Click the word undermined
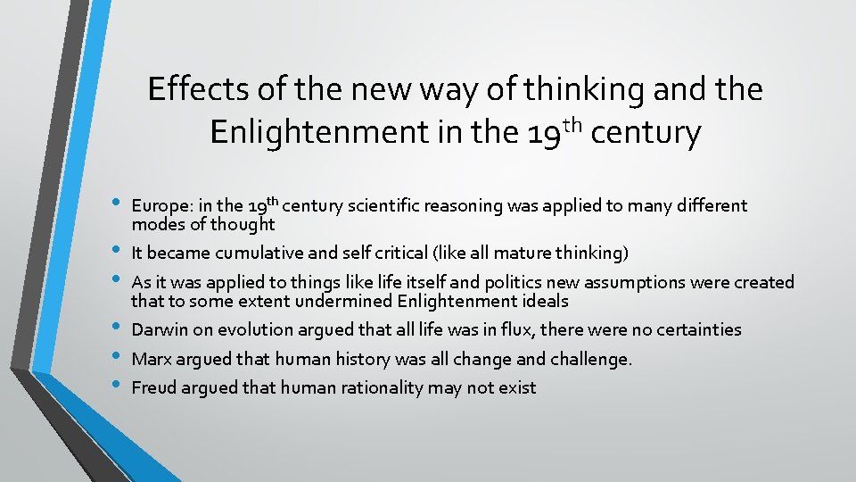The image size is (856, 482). pyautogui.click(x=341, y=301)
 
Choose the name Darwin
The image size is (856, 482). pyautogui.click(x=160, y=329)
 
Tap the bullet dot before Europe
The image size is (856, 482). pyautogui.click(x=119, y=204)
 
